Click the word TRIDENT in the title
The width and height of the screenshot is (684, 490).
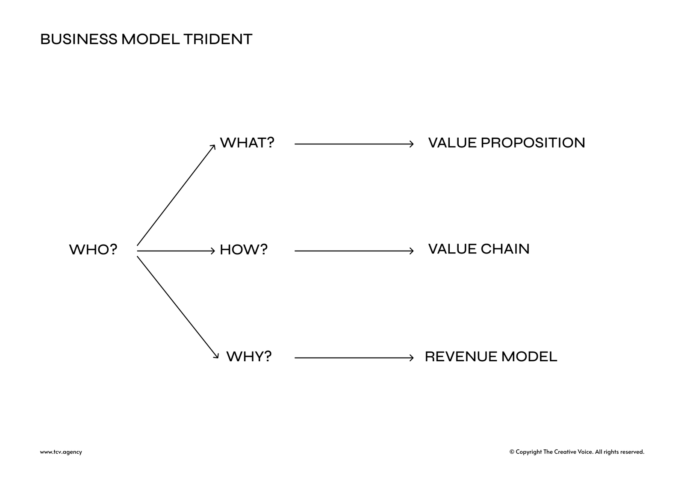click(x=218, y=39)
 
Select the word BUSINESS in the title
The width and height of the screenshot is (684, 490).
click(x=79, y=39)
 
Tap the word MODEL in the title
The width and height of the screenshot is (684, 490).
click(x=150, y=39)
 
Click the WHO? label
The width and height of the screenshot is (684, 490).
click(x=93, y=250)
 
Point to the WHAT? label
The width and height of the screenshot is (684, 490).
click(x=247, y=143)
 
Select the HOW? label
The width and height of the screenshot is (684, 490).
click(x=244, y=250)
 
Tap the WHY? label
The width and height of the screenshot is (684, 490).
click(x=249, y=357)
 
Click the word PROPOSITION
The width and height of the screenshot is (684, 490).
click(x=533, y=143)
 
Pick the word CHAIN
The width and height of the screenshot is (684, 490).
click(x=505, y=249)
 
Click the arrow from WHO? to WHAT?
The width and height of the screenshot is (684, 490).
click(x=176, y=195)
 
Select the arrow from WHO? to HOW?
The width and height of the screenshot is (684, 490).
click(x=176, y=251)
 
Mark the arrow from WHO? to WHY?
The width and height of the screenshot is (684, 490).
click(x=178, y=307)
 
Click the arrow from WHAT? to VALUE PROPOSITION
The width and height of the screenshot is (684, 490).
click(x=354, y=144)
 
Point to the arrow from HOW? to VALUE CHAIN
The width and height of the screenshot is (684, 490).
click(x=354, y=251)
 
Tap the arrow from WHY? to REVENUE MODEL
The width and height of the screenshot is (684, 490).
click(x=354, y=358)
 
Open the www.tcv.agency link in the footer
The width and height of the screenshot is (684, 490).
click(x=61, y=452)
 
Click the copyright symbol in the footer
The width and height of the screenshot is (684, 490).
click(x=512, y=452)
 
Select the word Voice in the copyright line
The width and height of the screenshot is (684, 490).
click(x=585, y=452)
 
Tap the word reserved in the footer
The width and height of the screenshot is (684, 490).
click(x=632, y=452)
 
